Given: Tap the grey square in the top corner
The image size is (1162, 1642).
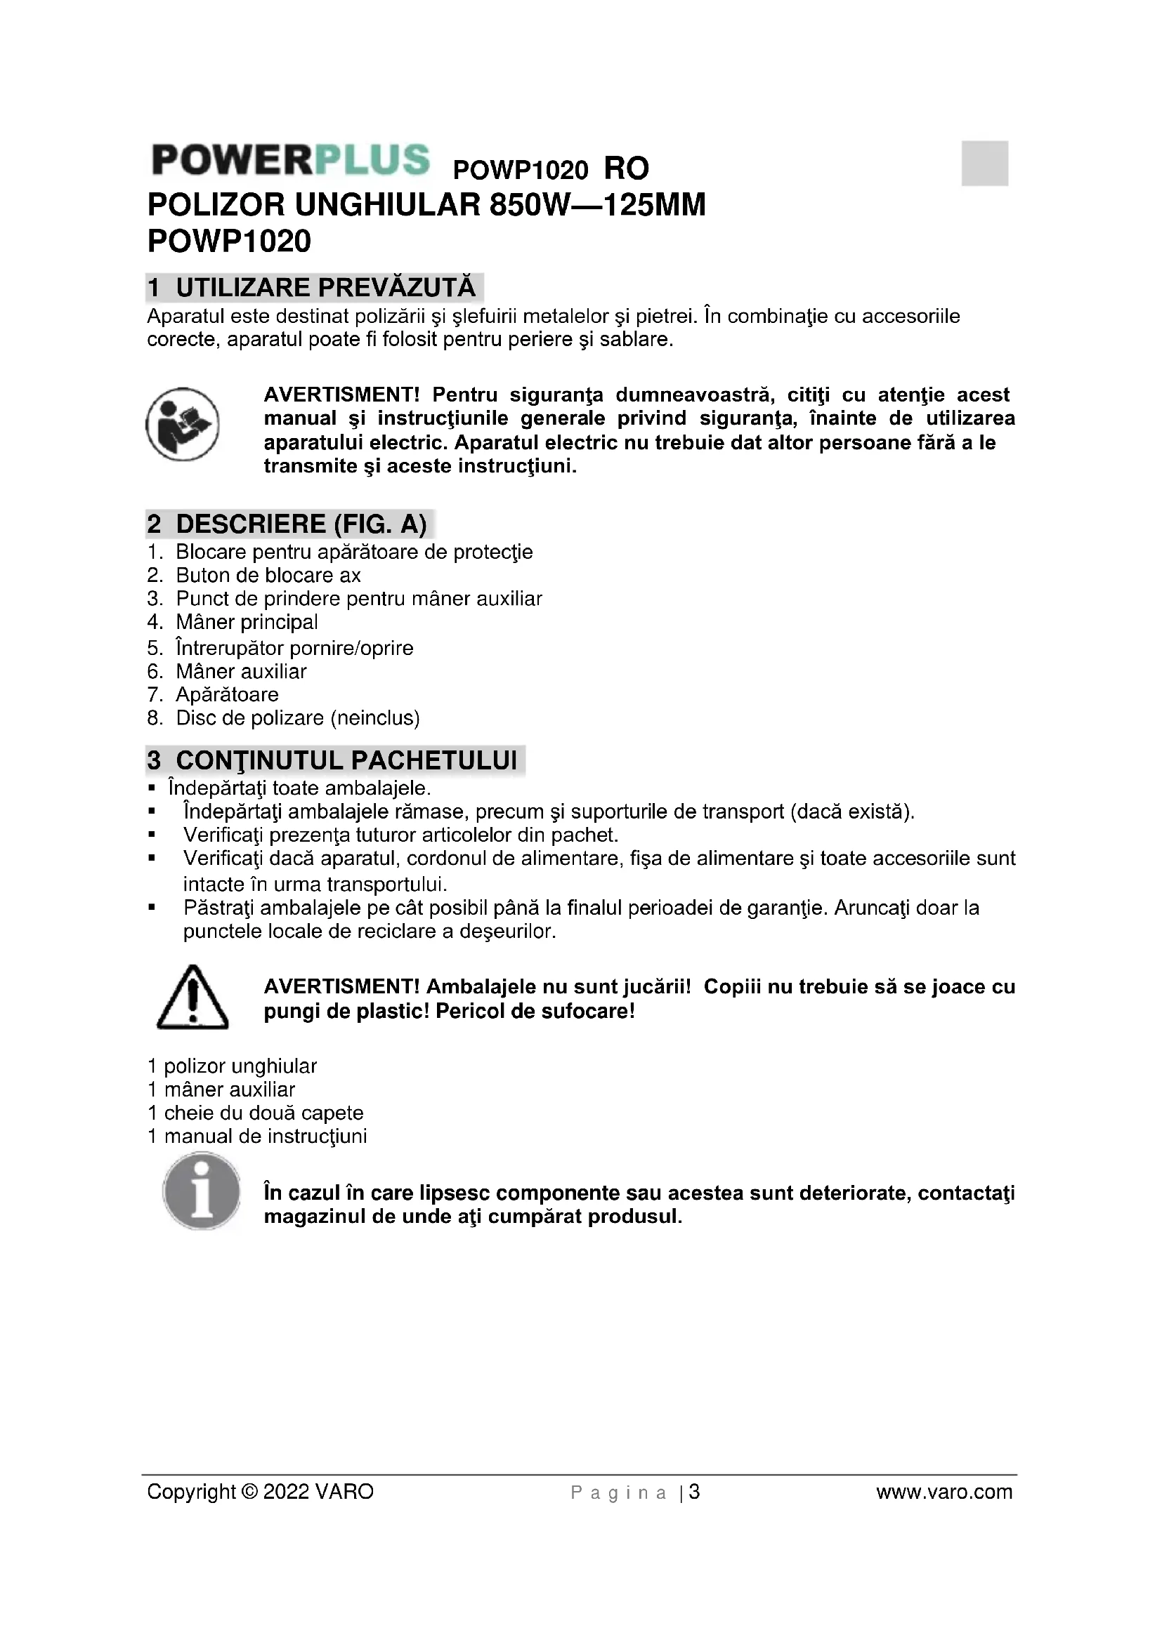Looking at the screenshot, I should [x=984, y=163].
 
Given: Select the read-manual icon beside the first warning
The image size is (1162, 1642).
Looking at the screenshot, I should [x=183, y=424].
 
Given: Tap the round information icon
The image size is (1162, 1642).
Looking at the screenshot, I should [x=202, y=1191].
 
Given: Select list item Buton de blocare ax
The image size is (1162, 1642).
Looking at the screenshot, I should [x=268, y=576].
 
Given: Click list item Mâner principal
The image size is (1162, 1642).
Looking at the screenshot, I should [x=247, y=622].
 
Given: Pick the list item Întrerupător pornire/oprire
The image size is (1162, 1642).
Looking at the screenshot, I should [x=294, y=649].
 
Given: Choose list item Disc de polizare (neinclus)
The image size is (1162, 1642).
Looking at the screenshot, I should [x=298, y=718].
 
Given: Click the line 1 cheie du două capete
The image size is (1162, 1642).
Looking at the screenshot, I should [x=256, y=1113].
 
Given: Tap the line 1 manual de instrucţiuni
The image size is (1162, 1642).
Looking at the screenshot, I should [x=258, y=1137].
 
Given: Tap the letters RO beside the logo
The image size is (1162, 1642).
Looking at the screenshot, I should [x=626, y=169].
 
